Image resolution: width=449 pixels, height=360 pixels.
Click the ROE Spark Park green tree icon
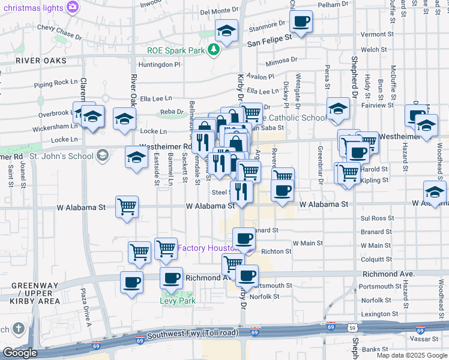tap(213, 49)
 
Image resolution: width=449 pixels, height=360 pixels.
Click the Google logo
tap(20, 353)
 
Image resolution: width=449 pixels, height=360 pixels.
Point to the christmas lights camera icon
tap(73, 7)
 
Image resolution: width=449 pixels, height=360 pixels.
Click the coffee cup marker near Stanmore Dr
tap(301, 23)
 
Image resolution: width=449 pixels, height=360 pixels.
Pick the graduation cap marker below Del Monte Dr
tap(226, 31)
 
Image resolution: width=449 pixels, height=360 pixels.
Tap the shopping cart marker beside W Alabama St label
tap(127, 208)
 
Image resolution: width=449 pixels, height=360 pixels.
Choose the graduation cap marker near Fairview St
tap(339, 109)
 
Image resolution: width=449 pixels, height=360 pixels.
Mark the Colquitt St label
tap(377, 259)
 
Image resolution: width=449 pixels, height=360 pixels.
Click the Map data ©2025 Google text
tap(411, 355)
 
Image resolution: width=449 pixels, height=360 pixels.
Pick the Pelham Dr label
tap(333, 4)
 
